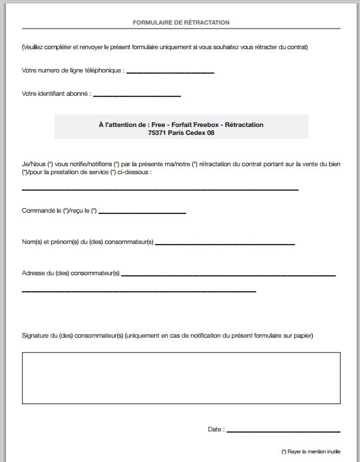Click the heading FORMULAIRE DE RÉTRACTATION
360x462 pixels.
pyautogui.click(x=181, y=23)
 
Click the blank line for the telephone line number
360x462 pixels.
pyautogui.click(x=170, y=71)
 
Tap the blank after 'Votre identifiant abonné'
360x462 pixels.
pyautogui.click(x=136, y=95)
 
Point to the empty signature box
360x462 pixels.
pyautogui.click(x=181, y=378)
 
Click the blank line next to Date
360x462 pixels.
pyautogui.click(x=283, y=431)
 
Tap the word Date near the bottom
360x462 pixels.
pyautogui.click(x=214, y=429)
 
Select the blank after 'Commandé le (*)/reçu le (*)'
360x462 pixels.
pyautogui.click(x=142, y=213)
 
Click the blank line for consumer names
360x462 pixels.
pyautogui.click(x=224, y=244)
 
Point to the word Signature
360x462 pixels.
pyautogui.click(x=35, y=336)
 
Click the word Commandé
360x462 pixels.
pyautogui.click(x=37, y=211)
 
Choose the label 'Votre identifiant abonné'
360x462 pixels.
pyautogui.click(x=56, y=94)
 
